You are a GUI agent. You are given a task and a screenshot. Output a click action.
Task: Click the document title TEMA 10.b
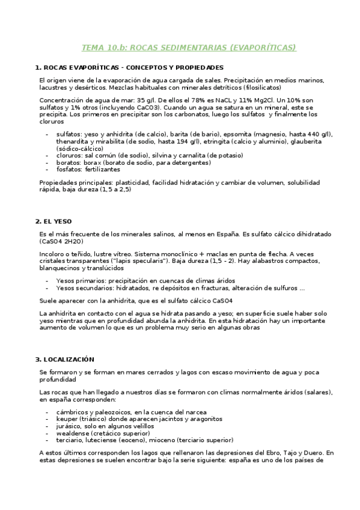pos(189,48)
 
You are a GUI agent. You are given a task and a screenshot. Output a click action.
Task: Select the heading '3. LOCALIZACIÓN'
pos(64,359)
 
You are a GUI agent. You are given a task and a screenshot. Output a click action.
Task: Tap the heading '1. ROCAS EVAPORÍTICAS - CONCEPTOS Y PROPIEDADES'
pos(129,67)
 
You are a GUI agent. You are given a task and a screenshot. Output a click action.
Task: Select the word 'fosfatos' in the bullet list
pos(69,169)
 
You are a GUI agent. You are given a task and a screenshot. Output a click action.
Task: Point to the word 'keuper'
pos(67,419)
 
